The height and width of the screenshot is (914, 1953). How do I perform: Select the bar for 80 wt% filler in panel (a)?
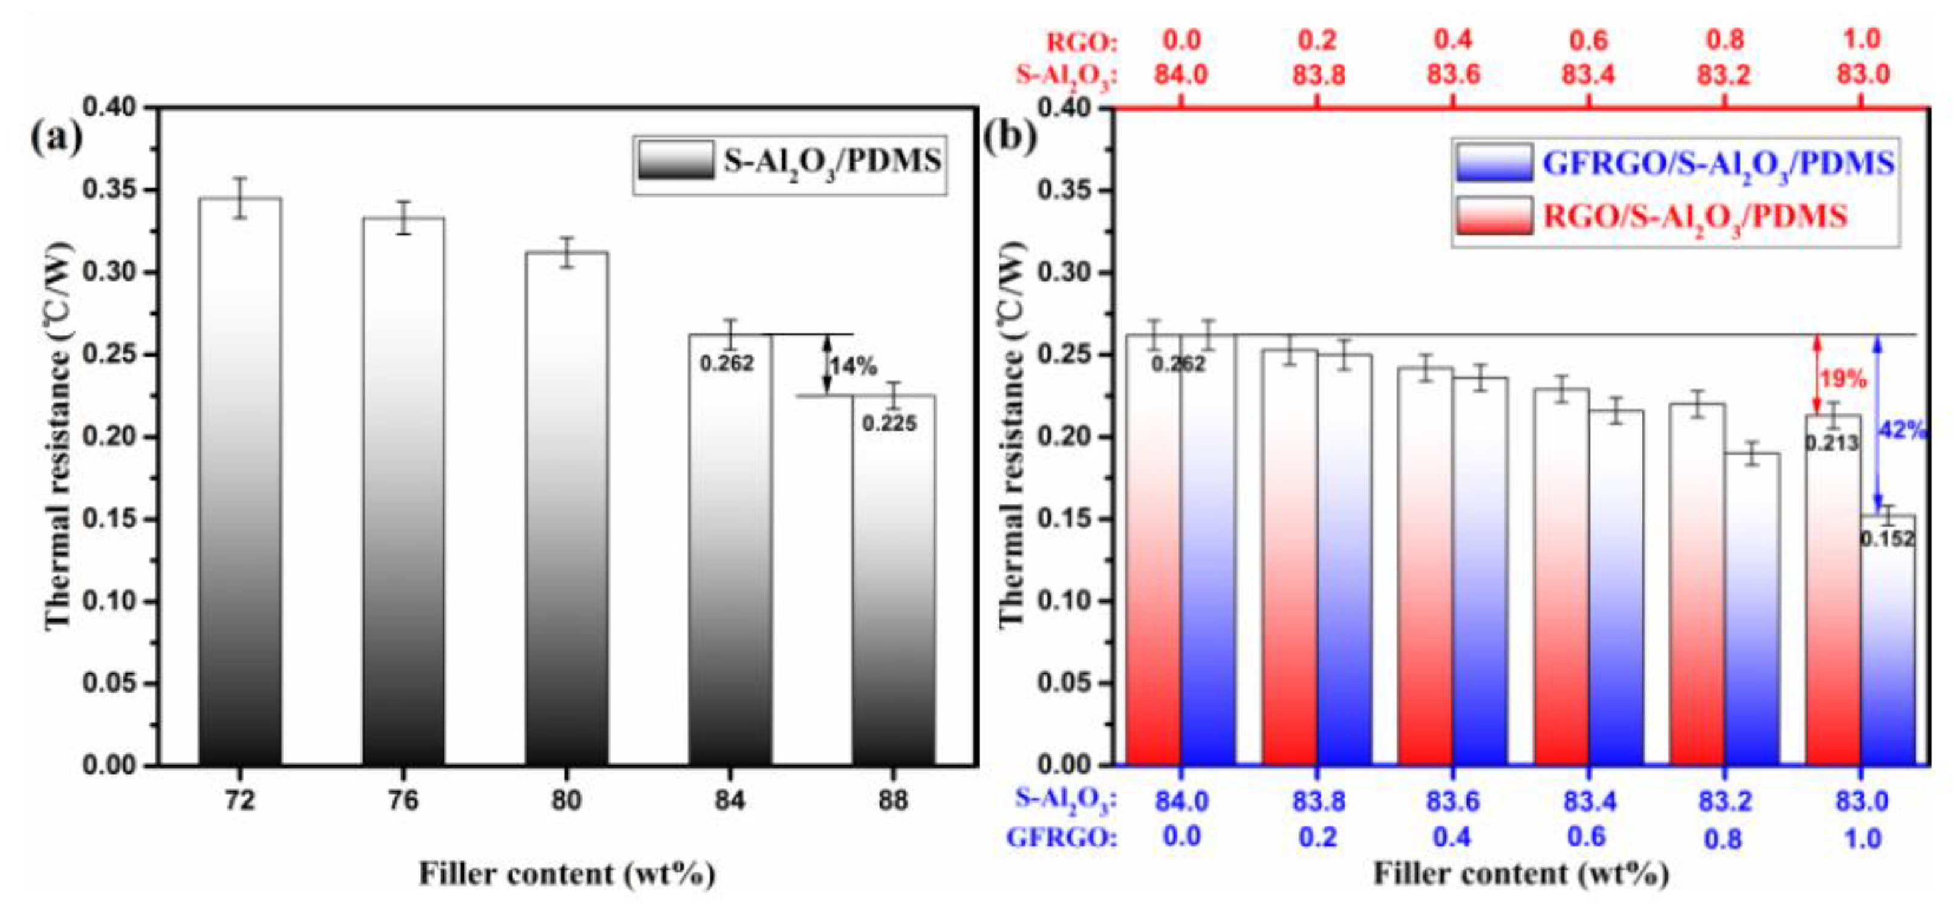click(x=567, y=508)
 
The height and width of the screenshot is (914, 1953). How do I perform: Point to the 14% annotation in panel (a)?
click(x=853, y=367)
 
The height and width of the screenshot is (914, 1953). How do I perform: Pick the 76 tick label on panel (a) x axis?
click(x=403, y=801)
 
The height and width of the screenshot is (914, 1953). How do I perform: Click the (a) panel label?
click(x=57, y=139)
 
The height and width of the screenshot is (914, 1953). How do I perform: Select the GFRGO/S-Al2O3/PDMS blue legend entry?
click(x=1675, y=164)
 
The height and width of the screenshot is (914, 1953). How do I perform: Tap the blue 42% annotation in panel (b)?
click(x=1902, y=431)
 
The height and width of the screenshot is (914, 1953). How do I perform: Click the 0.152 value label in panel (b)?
click(x=1887, y=540)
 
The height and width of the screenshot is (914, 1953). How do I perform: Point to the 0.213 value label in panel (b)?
click(x=1831, y=443)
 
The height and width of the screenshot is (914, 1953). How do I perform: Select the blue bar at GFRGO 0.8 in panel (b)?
click(x=1752, y=607)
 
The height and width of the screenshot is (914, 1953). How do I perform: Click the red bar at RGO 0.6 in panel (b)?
click(x=1561, y=576)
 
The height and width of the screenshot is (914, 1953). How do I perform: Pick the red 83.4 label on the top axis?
click(x=1588, y=75)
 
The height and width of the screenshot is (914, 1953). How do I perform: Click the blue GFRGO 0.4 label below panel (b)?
click(x=1452, y=837)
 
